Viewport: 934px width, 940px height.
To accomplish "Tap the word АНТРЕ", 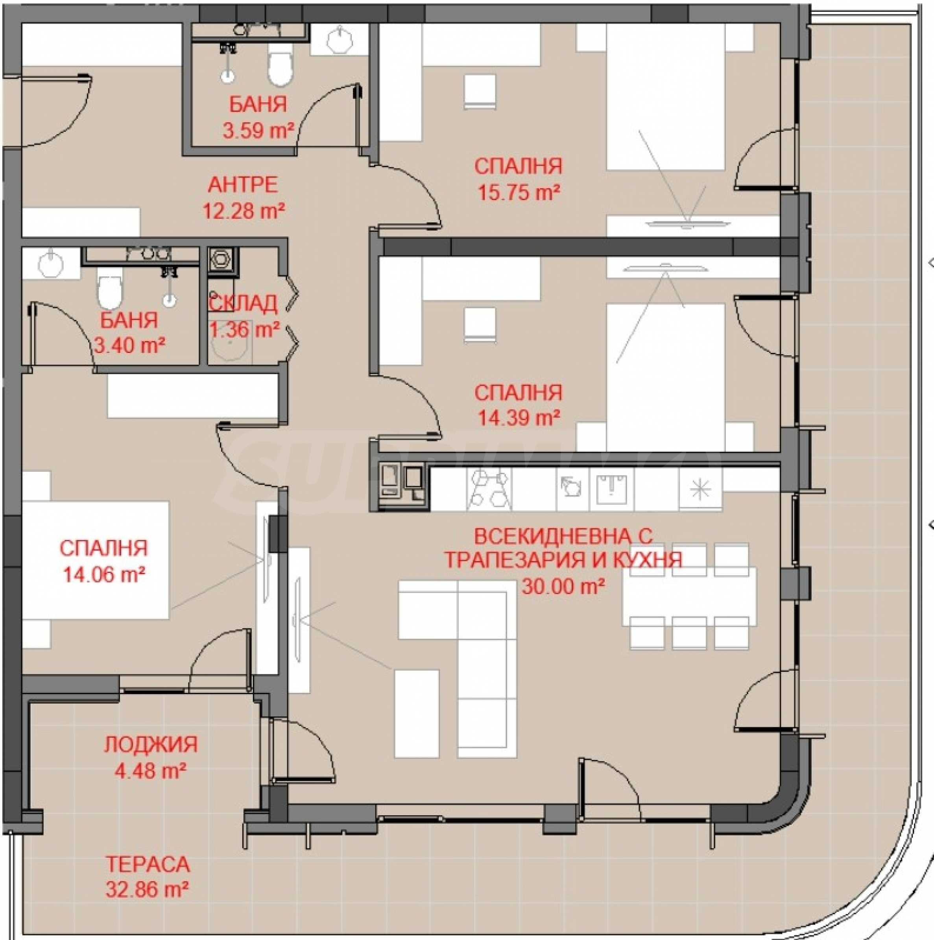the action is (x=243, y=185).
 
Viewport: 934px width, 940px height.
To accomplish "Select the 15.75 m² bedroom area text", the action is (x=519, y=193).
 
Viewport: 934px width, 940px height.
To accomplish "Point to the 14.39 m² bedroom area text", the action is (x=519, y=417).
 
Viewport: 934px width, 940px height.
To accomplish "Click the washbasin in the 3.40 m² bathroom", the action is (x=51, y=264).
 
